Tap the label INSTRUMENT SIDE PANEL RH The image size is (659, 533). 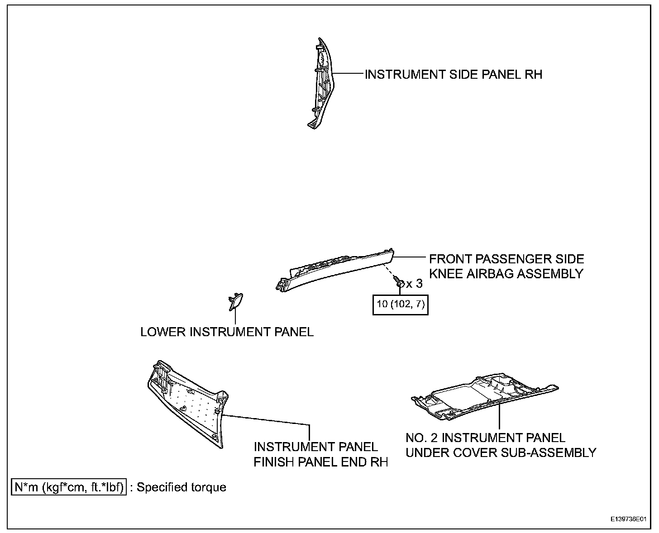[x=453, y=74]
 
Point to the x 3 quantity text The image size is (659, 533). [x=414, y=284]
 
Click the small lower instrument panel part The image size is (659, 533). [x=236, y=302]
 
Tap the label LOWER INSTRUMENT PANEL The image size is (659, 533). [x=227, y=332]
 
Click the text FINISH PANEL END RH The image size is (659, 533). [x=321, y=462]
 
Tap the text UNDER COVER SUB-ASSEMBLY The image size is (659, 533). [x=501, y=452]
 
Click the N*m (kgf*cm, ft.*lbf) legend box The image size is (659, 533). [x=69, y=487]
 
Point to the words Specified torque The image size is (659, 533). [x=181, y=487]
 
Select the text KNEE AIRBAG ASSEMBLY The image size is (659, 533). [x=506, y=274]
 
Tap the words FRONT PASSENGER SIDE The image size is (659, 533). [x=506, y=259]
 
